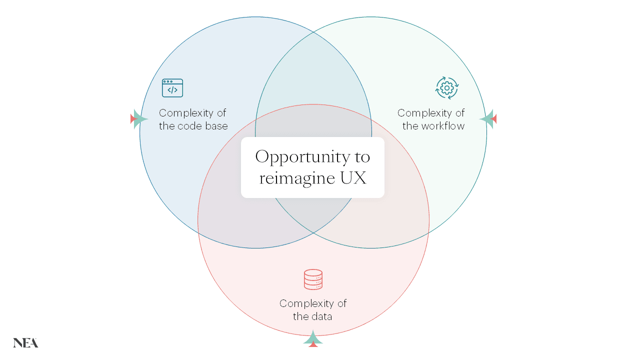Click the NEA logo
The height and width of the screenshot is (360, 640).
click(25, 342)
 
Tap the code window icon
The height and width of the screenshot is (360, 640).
click(172, 88)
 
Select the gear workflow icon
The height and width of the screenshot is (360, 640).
click(446, 88)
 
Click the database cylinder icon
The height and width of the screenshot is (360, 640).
click(313, 279)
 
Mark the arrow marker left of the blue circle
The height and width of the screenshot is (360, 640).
click(138, 119)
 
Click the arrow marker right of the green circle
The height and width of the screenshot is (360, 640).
click(488, 119)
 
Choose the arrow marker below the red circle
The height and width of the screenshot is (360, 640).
click(313, 338)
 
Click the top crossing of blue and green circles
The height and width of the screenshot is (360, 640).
click(313, 32)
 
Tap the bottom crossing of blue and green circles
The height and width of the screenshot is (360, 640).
click(313, 233)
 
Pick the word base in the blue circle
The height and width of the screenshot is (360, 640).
click(217, 126)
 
